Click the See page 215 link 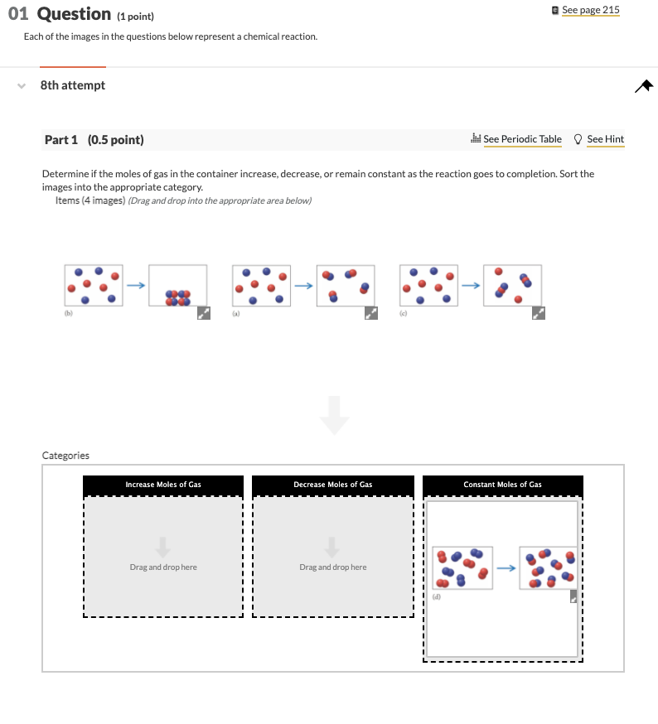pyautogui.click(x=590, y=10)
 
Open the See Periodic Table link pyautogui.click(x=521, y=139)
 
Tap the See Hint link pyautogui.click(x=604, y=139)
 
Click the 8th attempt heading pyautogui.click(x=73, y=85)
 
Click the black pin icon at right pyautogui.click(x=644, y=85)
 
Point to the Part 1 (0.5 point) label pyautogui.click(x=94, y=140)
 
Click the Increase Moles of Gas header pyautogui.click(x=163, y=485)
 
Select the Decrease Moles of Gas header pyautogui.click(x=332, y=485)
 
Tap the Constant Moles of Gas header pyautogui.click(x=502, y=485)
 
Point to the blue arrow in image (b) pyautogui.click(x=136, y=285)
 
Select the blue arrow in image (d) pyautogui.click(x=506, y=567)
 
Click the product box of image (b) pyautogui.click(x=177, y=286)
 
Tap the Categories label pyautogui.click(x=65, y=456)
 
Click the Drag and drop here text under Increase pyautogui.click(x=163, y=567)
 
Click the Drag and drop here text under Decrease pyautogui.click(x=332, y=567)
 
